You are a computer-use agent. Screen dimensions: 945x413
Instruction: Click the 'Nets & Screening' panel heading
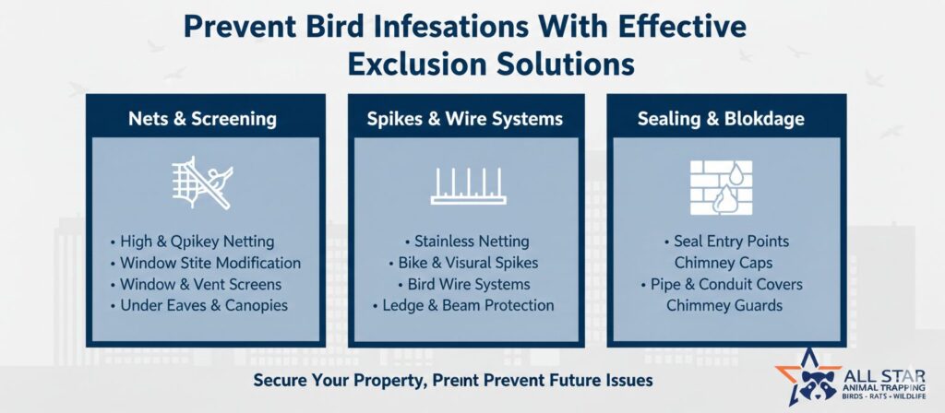pos(202,119)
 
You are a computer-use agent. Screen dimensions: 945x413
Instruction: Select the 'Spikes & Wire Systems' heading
pos(465,119)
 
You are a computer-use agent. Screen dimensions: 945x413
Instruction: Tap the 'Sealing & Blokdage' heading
pos(721,119)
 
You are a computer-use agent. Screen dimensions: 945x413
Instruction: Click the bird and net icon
pos(202,183)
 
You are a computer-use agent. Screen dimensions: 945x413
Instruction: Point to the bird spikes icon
pos(468,186)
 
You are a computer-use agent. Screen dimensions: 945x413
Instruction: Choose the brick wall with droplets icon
pos(721,187)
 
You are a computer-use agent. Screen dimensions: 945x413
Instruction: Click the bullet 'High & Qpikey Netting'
pos(192,242)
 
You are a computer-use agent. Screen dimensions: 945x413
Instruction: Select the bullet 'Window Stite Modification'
pos(206,263)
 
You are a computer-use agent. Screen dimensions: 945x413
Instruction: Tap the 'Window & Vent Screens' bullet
pos(196,284)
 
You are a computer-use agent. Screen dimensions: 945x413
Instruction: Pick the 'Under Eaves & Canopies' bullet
pos(199,305)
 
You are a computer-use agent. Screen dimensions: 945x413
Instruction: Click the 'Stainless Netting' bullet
pos(467,242)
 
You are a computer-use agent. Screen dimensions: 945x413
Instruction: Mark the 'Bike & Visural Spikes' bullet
pos(463,263)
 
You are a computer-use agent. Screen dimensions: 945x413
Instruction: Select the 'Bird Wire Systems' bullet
pos(464,284)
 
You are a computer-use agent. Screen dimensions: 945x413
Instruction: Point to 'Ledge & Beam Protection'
pos(463,305)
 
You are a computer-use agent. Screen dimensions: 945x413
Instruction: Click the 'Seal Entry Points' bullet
pos(726,242)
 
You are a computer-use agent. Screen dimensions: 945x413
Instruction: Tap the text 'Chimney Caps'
pos(724,263)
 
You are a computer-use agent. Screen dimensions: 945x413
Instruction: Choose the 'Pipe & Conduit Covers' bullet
pos(722,284)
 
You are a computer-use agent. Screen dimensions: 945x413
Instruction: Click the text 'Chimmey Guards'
pos(724,305)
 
